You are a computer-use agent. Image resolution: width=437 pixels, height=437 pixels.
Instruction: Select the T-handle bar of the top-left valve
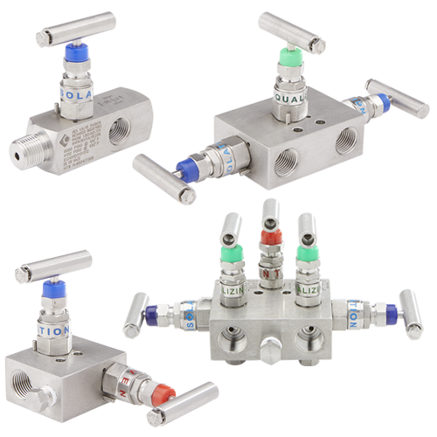[76, 29]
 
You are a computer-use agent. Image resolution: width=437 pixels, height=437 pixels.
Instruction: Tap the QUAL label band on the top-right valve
[288, 97]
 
